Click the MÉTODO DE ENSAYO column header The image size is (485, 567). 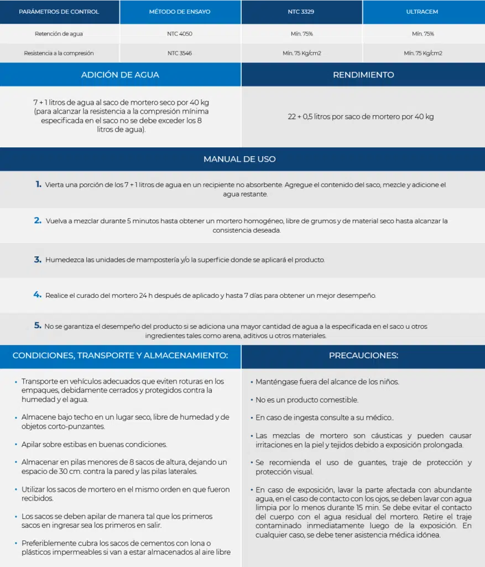coord(180,12)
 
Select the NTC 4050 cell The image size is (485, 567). coord(180,34)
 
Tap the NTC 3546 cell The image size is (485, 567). coord(180,53)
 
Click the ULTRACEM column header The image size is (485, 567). coord(423,12)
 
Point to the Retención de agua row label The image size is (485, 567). coord(59,34)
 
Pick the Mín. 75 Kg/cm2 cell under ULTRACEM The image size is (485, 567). coord(423,53)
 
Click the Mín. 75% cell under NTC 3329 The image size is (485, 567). coord(301,34)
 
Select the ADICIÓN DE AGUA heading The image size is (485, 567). coord(120,75)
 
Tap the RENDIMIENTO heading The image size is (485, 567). coord(363,75)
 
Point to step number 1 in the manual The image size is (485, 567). coord(38,184)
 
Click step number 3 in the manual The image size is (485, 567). coord(38,259)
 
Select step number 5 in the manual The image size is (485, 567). coord(38,326)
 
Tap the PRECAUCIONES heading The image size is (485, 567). coord(363,355)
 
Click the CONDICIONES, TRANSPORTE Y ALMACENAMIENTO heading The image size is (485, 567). coord(120,355)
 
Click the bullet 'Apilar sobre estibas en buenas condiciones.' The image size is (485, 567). coord(94,445)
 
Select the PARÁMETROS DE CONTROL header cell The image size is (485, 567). coord(59,12)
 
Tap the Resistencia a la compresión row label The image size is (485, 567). coord(59,53)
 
